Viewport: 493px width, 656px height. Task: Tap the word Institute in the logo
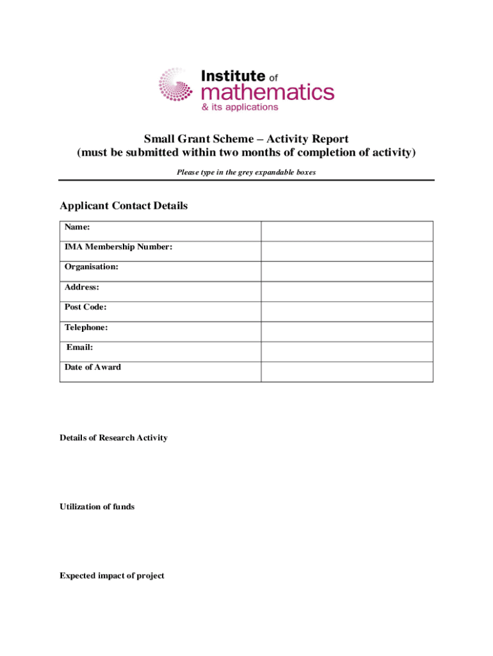[x=233, y=76]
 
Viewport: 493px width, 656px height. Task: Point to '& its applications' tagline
[x=240, y=108]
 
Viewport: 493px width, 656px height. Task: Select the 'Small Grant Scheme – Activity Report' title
[x=246, y=139]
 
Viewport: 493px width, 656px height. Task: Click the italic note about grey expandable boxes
[x=246, y=172]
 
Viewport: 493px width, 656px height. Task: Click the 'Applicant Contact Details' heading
[x=124, y=206]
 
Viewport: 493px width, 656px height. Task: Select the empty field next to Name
[x=347, y=231]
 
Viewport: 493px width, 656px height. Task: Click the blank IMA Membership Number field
[x=347, y=251]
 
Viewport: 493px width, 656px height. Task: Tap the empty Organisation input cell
[x=347, y=271]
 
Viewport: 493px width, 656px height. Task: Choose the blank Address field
[x=347, y=291]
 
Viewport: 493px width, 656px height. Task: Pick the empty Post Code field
[x=347, y=311]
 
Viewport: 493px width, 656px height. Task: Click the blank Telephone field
[x=347, y=331]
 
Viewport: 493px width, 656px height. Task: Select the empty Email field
[x=347, y=352]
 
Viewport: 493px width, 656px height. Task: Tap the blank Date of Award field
[x=347, y=372]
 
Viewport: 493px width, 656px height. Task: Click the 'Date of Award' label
[x=92, y=367]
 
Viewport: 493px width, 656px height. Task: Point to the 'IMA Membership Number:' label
[x=118, y=247]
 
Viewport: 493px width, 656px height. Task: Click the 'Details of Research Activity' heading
[x=113, y=438]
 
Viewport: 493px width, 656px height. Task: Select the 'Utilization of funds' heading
[x=97, y=507]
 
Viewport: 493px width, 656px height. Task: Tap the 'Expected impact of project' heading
[x=111, y=576]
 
